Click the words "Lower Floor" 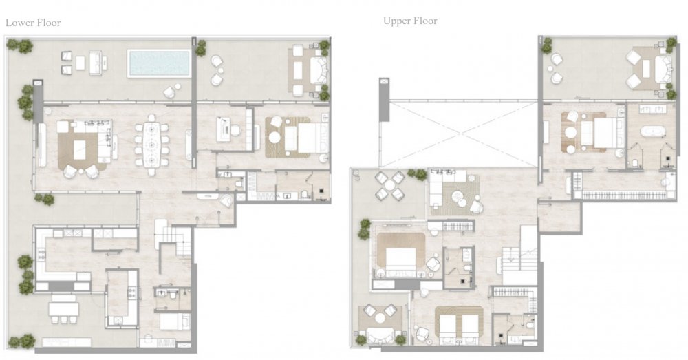(33, 23)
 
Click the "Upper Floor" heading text (410, 21)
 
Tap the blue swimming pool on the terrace (159, 63)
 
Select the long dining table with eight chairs (151, 145)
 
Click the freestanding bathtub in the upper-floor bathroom (653, 131)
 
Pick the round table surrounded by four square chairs (389, 186)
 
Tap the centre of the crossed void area (458, 134)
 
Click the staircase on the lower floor (173, 239)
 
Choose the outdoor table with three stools (63, 310)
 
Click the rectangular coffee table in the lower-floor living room (79, 149)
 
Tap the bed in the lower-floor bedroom (305, 138)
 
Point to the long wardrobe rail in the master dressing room (623, 195)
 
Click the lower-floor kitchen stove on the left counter (42, 254)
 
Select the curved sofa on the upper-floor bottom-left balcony (380, 335)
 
